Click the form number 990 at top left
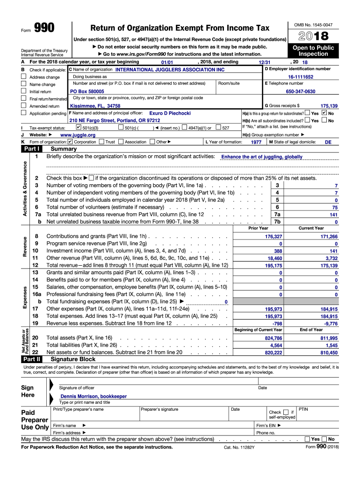pos(44,29)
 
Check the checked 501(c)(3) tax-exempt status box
pos(79,127)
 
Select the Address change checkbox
pos(24,77)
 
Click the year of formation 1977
pos(256,142)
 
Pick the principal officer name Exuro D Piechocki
pos(170,113)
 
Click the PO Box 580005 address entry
pos(87,92)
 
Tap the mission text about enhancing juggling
pos(261,157)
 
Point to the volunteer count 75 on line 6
pos(334,207)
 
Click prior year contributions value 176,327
pos(274,237)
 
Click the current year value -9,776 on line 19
pos(331,323)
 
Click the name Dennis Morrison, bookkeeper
pos(94,396)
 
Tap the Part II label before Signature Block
pos(31,359)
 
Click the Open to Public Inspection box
pos(313,51)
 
